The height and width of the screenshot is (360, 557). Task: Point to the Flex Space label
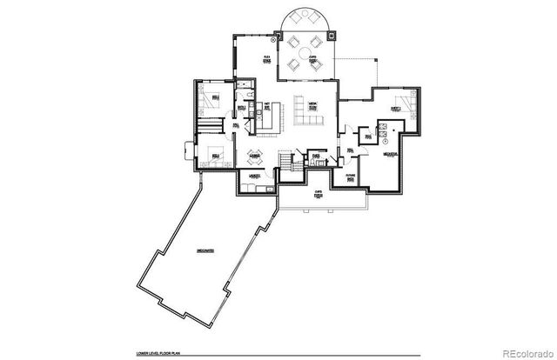pos(267,58)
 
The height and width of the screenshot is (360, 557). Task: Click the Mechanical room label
pos(391,155)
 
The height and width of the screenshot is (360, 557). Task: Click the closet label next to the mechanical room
pos(368,136)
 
